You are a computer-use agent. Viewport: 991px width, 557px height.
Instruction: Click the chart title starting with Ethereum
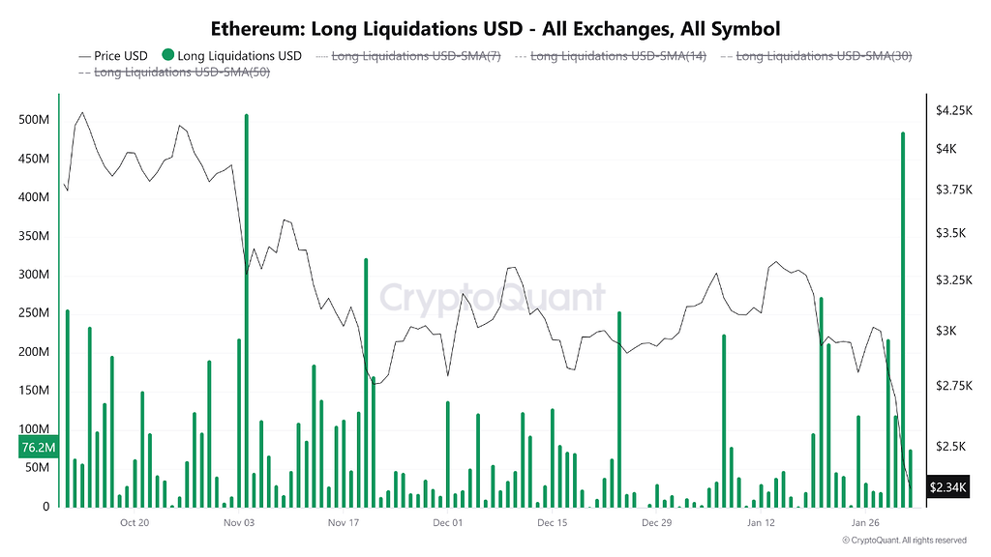pyautogui.click(x=495, y=29)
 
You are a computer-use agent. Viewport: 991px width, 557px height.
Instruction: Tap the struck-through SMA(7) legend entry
pyautogui.click(x=415, y=56)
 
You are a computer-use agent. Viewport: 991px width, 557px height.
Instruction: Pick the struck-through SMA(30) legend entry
pyautogui.click(x=824, y=56)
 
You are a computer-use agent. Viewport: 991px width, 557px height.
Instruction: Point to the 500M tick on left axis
pyautogui.click(x=35, y=120)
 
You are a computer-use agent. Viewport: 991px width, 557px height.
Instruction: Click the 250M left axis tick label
pyautogui.click(x=35, y=313)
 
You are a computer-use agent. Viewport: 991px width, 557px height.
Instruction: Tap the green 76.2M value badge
pyautogui.click(x=39, y=448)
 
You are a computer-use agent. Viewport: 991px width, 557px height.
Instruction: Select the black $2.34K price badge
pyautogui.click(x=947, y=487)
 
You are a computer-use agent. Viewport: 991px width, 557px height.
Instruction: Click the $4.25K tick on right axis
pyautogui.click(x=952, y=111)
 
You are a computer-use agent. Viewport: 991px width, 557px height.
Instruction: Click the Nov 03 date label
pyautogui.click(x=238, y=523)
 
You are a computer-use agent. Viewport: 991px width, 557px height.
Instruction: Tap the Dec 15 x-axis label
pyautogui.click(x=552, y=523)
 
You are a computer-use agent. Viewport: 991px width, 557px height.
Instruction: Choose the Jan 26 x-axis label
pyautogui.click(x=866, y=523)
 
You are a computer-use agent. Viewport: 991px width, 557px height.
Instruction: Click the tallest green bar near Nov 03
pyautogui.click(x=247, y=309)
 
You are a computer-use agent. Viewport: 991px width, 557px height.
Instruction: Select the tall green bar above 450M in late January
pyautogui.click(x=903, y=319)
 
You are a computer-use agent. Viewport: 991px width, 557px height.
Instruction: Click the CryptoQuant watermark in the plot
pyautogui.click(x=492, y=298)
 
